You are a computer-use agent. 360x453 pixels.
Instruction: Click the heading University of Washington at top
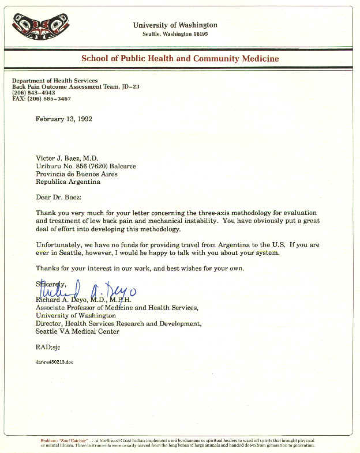[x=175, y=25]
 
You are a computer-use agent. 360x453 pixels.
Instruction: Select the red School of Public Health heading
[x=180, y=58]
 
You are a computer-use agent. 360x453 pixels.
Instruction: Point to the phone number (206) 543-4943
[x=34, y=93]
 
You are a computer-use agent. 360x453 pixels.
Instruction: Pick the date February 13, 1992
[x=64, y=119]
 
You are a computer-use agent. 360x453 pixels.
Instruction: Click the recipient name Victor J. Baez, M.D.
[x=67, y=158]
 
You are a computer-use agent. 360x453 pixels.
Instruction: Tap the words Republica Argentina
[x=67, y=182]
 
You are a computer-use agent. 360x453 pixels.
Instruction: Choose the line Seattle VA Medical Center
[x=77, y=331]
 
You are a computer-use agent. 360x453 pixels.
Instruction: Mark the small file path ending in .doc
[x=54, y=361]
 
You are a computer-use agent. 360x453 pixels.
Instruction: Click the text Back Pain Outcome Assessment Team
[x=65, y=86]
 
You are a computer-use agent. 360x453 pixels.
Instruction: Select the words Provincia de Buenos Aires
[x=76, y=173]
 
